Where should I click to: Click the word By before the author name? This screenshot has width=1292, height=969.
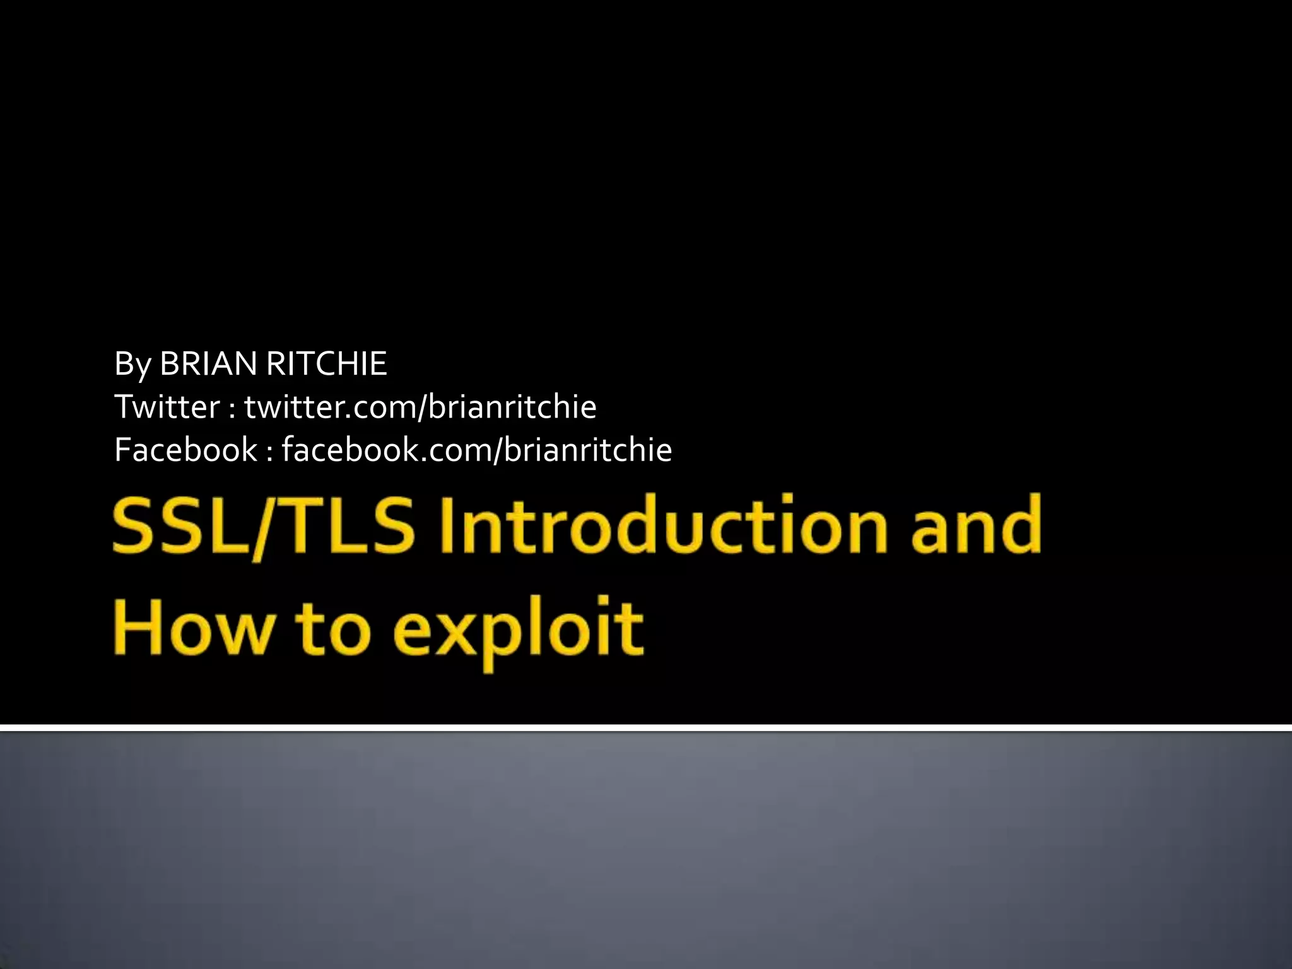(x=131, y=365)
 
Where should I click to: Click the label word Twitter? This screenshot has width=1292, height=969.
(x=167, y=407)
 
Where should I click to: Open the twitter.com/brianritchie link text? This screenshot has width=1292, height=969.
(x=420, y=407)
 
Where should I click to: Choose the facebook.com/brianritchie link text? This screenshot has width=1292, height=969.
(x=477, y=450)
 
